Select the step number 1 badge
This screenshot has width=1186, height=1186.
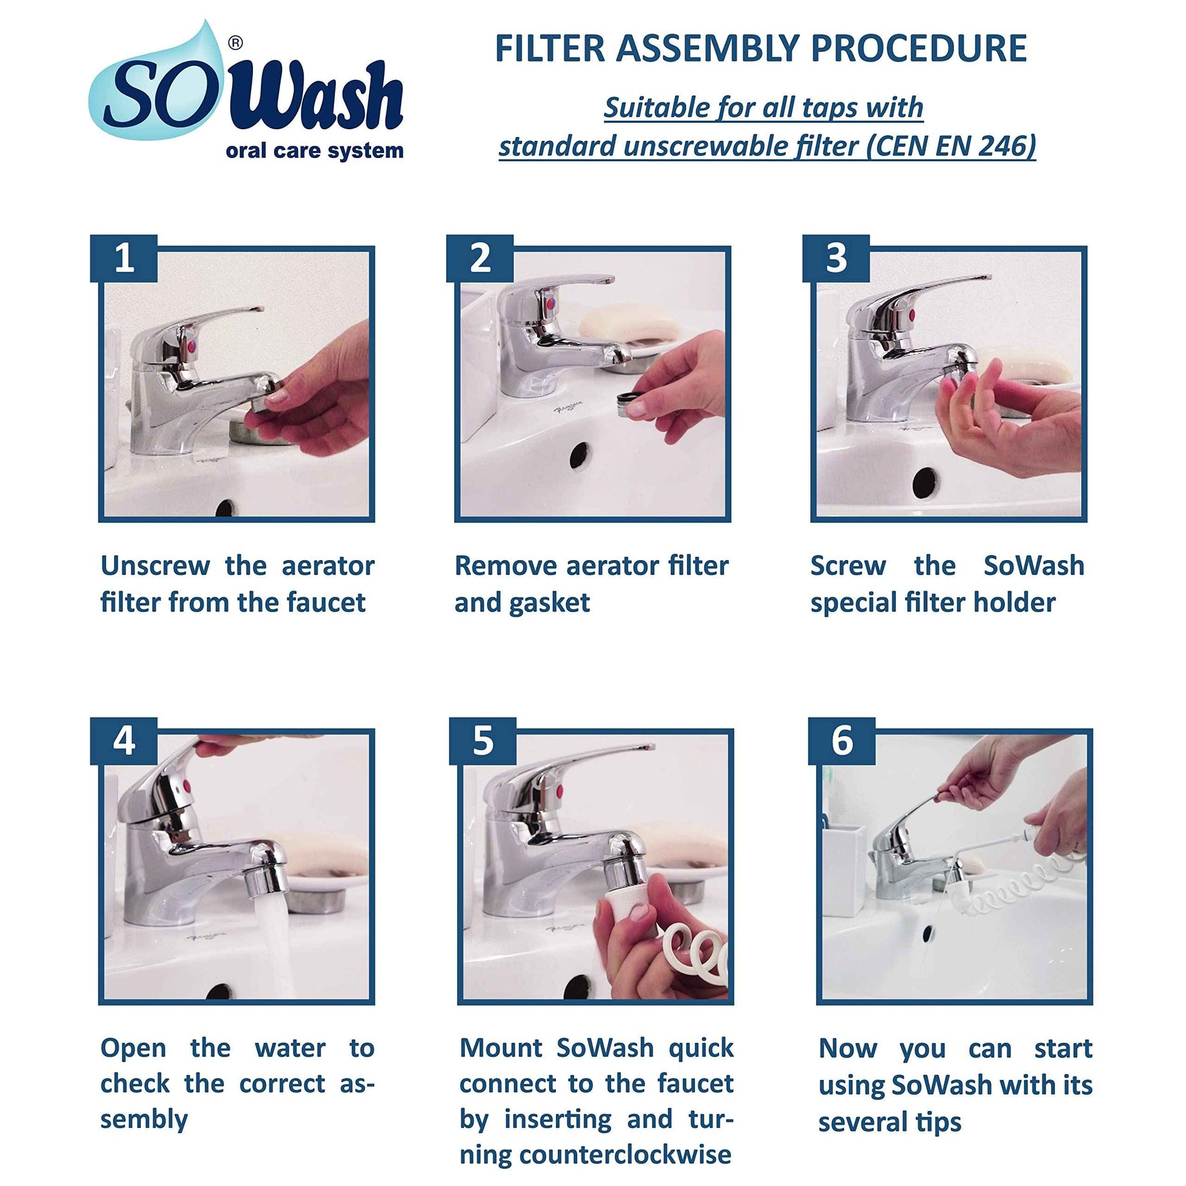[x=124, y=258]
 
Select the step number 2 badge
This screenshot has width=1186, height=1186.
[x=480, y=258]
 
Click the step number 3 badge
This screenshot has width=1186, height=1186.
[x=836, y=258]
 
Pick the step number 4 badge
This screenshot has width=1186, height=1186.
[x=124, y=741]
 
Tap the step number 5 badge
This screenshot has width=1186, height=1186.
[x=483, y=741]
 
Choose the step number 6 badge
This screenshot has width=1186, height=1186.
[x=842, y=741]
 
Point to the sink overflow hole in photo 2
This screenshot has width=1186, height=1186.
[x=580, y=455]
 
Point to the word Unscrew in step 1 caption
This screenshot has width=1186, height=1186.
[x=155, y=566]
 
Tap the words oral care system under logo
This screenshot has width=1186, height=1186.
[x=314, y=151]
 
